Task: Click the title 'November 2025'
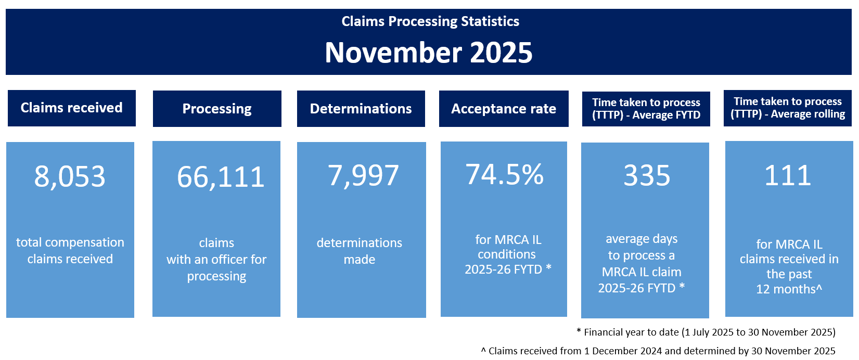pos(429,53)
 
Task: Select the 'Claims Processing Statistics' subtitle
pos(430,21)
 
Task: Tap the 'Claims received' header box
pos(72,108)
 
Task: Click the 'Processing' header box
pos(217,109)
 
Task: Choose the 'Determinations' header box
pos(361,109)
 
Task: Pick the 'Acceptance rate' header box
pos(504,109)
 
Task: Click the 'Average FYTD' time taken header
pos(646,109)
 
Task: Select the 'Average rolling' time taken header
pos(788,108)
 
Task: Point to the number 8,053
pos(70,176)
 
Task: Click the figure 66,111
pos(221,177)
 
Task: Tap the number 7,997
pos(363,175)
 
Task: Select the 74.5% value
pos(505,174)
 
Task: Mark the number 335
pos(647,175)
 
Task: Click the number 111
pos(788,175)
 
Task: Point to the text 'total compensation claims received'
pos(70,251)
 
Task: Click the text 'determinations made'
pos(360,251)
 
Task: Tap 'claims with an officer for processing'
pos(216,259)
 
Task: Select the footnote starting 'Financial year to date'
pos(706,332)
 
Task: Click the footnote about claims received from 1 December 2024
pos(658,351)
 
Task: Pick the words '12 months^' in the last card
pos(789,289)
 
